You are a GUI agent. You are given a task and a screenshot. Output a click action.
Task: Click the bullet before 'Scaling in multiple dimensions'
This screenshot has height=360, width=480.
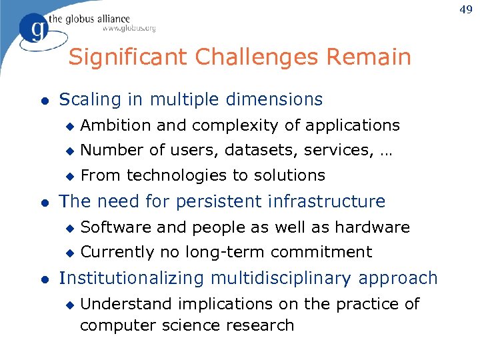coord(44,101)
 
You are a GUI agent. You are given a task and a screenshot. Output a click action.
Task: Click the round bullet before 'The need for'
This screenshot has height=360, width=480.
coord(44,202)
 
